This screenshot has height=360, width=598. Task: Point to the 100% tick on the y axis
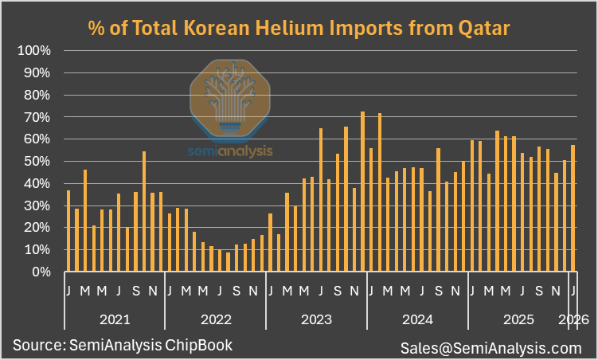34,50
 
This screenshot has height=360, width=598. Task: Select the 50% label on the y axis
37,161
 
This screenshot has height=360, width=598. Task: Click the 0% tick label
41,272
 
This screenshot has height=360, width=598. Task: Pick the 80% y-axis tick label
37,95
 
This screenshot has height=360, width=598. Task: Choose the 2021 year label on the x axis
115,319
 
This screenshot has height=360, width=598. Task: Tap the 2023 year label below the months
317,319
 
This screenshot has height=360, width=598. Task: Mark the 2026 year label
573,319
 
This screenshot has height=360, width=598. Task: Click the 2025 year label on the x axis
518,319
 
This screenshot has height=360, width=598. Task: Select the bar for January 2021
68,231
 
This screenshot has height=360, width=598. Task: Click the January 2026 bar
573,208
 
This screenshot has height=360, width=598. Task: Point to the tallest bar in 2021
144,211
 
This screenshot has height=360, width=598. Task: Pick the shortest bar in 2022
229,262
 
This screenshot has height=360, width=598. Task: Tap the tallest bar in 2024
380,192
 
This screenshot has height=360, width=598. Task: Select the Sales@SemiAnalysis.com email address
491,347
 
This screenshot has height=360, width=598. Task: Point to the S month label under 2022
237,290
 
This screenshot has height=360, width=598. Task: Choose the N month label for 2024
455,290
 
